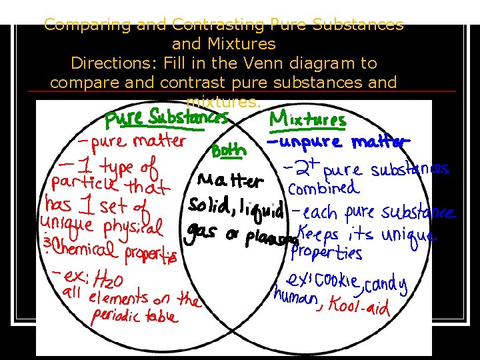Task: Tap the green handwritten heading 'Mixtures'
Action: (307, 120)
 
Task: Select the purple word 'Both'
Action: (229, 151)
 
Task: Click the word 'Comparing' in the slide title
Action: (85, 25)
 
